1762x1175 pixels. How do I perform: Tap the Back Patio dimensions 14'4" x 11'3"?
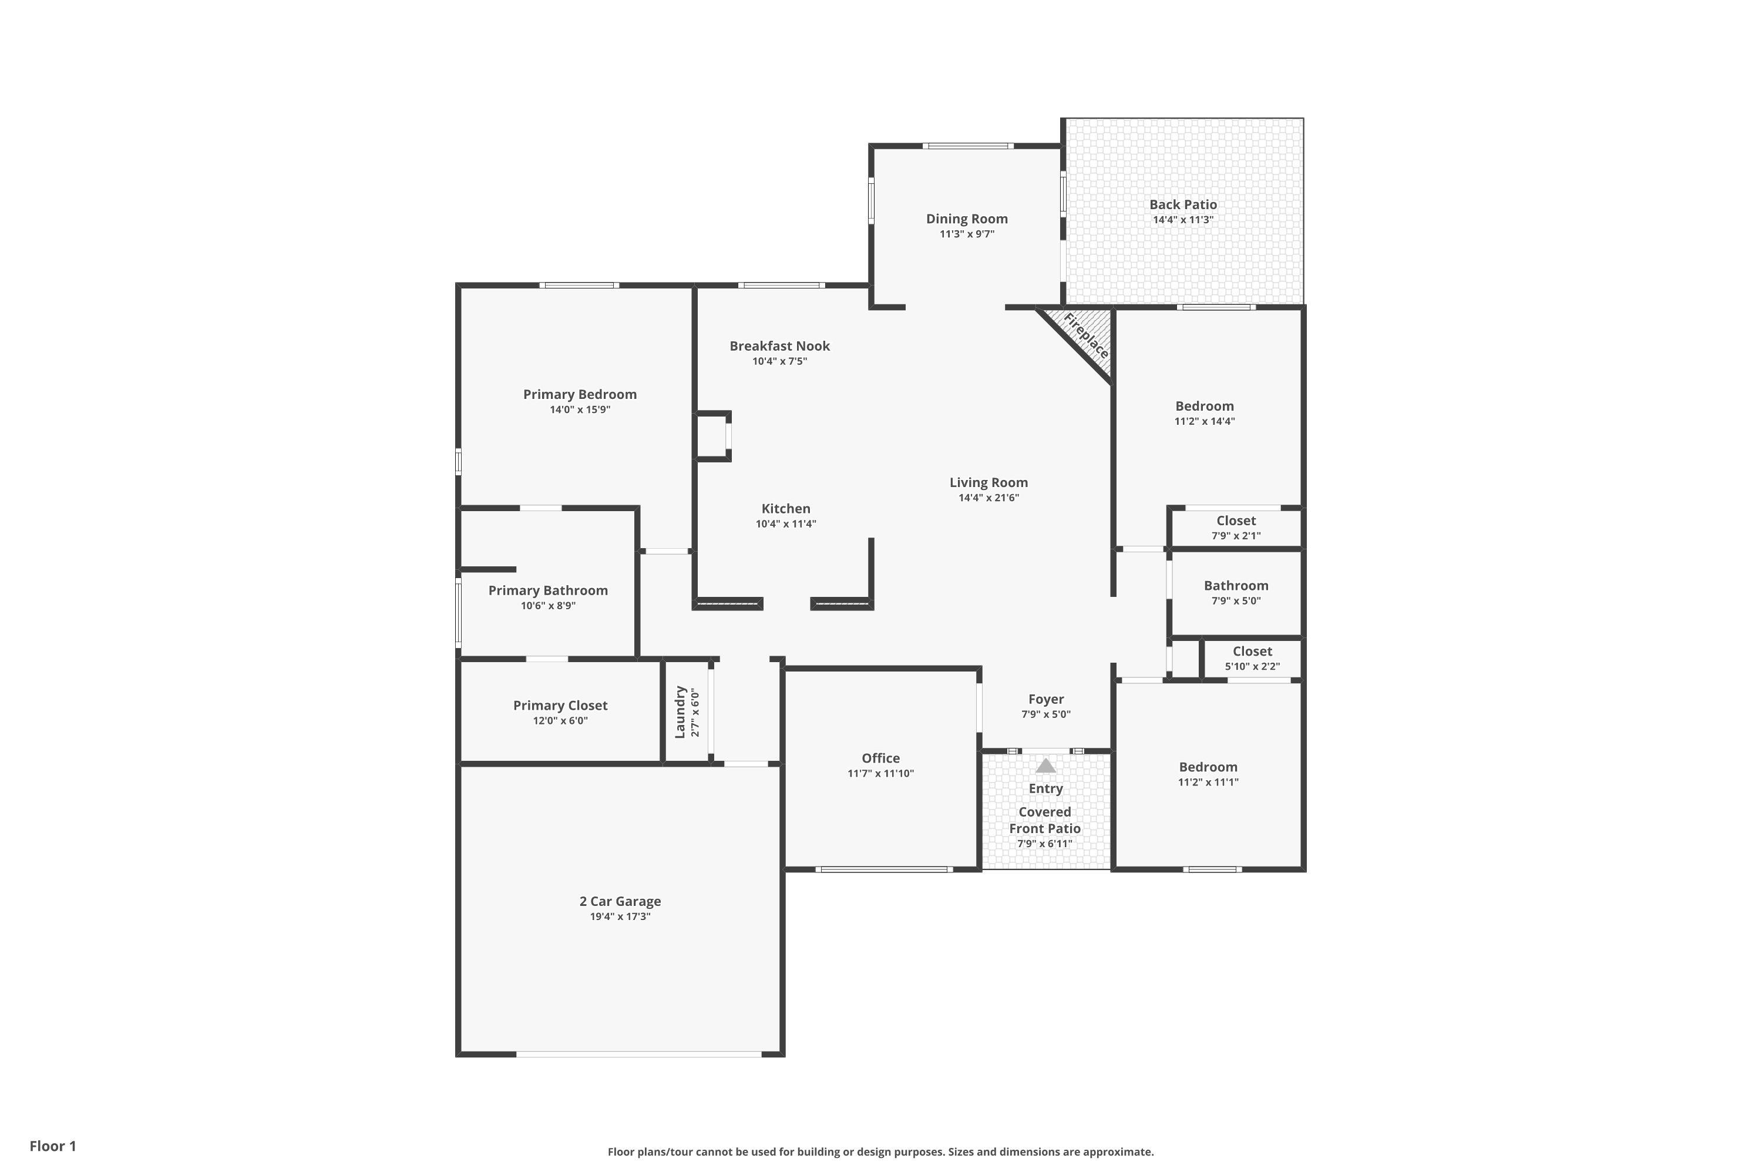click(1183, 220)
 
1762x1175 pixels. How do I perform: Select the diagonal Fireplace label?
click(1085, 335)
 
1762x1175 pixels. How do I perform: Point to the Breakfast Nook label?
click(780, 346)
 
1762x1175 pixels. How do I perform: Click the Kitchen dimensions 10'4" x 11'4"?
click(786, 525)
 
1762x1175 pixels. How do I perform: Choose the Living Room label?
click(989, 482)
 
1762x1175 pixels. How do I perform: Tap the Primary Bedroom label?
click(580, 395)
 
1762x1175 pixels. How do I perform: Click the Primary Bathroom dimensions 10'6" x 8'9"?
click(549, 606)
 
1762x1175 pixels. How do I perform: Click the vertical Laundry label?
click(680, 712)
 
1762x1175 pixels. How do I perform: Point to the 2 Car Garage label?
click(620, 901)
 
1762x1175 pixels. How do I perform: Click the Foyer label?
click(1046, 699)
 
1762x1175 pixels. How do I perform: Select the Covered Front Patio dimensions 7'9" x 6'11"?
click(1045, 844)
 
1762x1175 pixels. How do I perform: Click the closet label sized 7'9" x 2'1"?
click(1236, 521)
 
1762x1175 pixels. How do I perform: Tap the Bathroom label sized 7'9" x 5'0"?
click(1236, 586)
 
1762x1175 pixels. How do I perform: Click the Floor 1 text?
click(53, 1146)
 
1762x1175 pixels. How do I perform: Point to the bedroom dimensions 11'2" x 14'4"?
click(1205, 422)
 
